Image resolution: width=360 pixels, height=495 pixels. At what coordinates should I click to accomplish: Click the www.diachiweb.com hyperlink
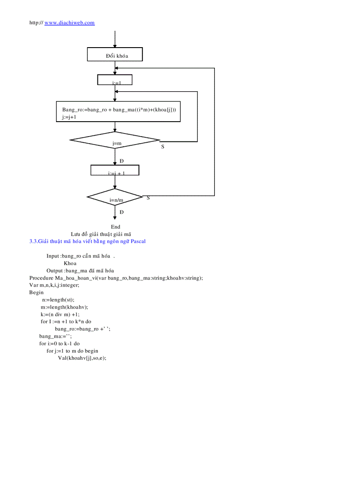point(69,22)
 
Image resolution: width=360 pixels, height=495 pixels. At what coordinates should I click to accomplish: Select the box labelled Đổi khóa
point(115,55)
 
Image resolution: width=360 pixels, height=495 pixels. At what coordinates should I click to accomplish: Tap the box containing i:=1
point(115,80)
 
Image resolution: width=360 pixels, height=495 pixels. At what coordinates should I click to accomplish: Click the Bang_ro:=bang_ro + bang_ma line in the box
point(119,109)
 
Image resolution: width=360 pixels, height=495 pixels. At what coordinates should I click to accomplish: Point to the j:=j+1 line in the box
point(69,117)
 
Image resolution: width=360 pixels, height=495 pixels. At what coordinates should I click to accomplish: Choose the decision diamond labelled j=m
point(115,141)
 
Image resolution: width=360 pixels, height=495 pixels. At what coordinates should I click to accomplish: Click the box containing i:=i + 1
point(115,170)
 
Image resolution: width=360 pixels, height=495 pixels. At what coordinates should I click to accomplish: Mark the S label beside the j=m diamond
point(162,146)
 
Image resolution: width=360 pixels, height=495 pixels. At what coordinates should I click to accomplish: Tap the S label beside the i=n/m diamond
point(148,198)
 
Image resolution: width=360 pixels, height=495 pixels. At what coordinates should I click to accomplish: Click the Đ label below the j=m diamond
point(121,161)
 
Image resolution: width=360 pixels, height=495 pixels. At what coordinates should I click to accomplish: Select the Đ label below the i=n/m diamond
point(121,212)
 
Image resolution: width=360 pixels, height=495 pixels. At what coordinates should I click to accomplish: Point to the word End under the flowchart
point(116,227)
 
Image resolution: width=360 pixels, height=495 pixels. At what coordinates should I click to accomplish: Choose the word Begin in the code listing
point(37,292)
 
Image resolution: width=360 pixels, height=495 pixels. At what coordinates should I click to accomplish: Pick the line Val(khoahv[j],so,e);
point(82,358)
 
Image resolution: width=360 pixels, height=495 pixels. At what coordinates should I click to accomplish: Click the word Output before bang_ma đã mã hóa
point(55,271)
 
